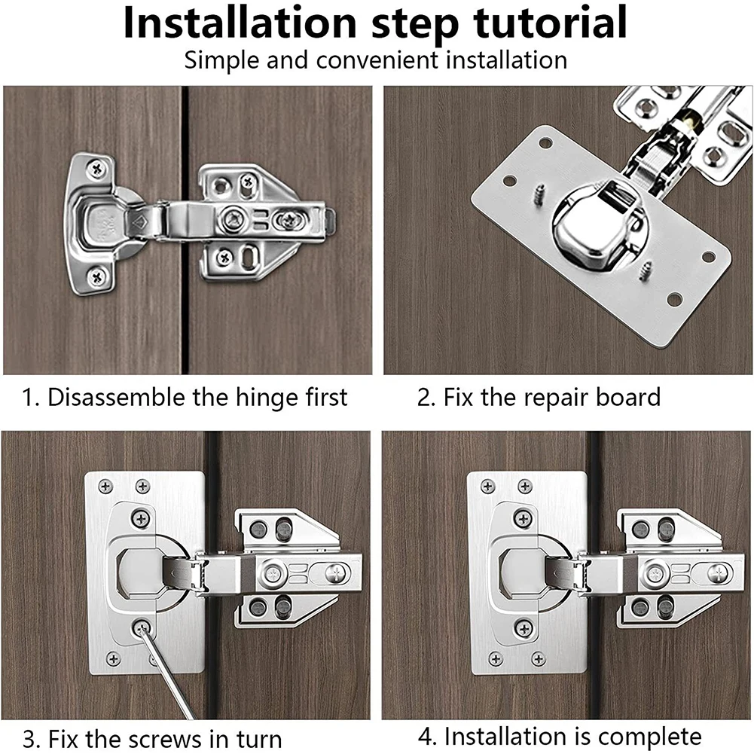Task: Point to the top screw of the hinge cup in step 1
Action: coord(96,169)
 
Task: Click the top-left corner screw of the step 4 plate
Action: coord(487,486)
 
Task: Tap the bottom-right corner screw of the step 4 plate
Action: coord(538,658)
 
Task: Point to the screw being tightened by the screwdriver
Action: coord(141,627)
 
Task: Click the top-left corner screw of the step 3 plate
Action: coord(105,486)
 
